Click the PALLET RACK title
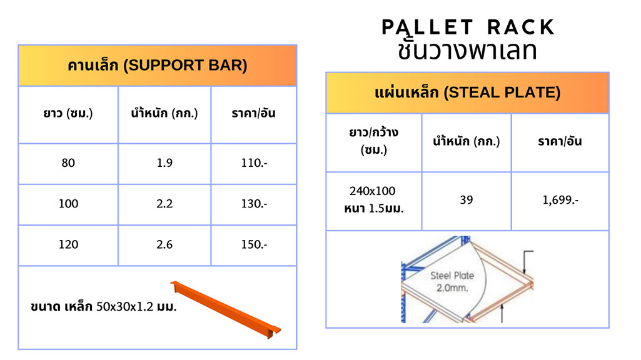pyautogui.click(x=468, y=27)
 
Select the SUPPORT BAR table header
pyautogui.click(x=158, y=66)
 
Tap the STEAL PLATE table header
pyautogui.click(x=467, y=92)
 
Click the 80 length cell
pyautogui.click(x=68, y=163)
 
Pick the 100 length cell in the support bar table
pyautogui.click(x=68, y=204)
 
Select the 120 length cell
pyautogui.click(x=68, y=244)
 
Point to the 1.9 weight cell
pyautogui.click(x=164, y=163)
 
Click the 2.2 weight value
pyautogui.click(x=164, y=204)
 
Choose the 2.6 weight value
pyautogui.click(x=164, y=244)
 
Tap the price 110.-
pyautogui.click(x=254, y=163)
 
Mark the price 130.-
pyautogui.click(x=254, y=204)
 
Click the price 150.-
pyautogui.click(x=254, y=244)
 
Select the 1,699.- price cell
pyautogui.click(x=560, y=200)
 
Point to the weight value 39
pyautogui.click(x=467, y=200)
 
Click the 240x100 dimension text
pyautogui.click(x=373, y=191)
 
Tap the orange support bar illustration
pyautogui.click(x=226, y=309)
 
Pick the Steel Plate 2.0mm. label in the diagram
pyautogui.click(x=452, y=281)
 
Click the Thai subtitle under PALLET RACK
pyautogui.click(x=467, y=50)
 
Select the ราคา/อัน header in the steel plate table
pyautogui.click(x=560, y=141)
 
